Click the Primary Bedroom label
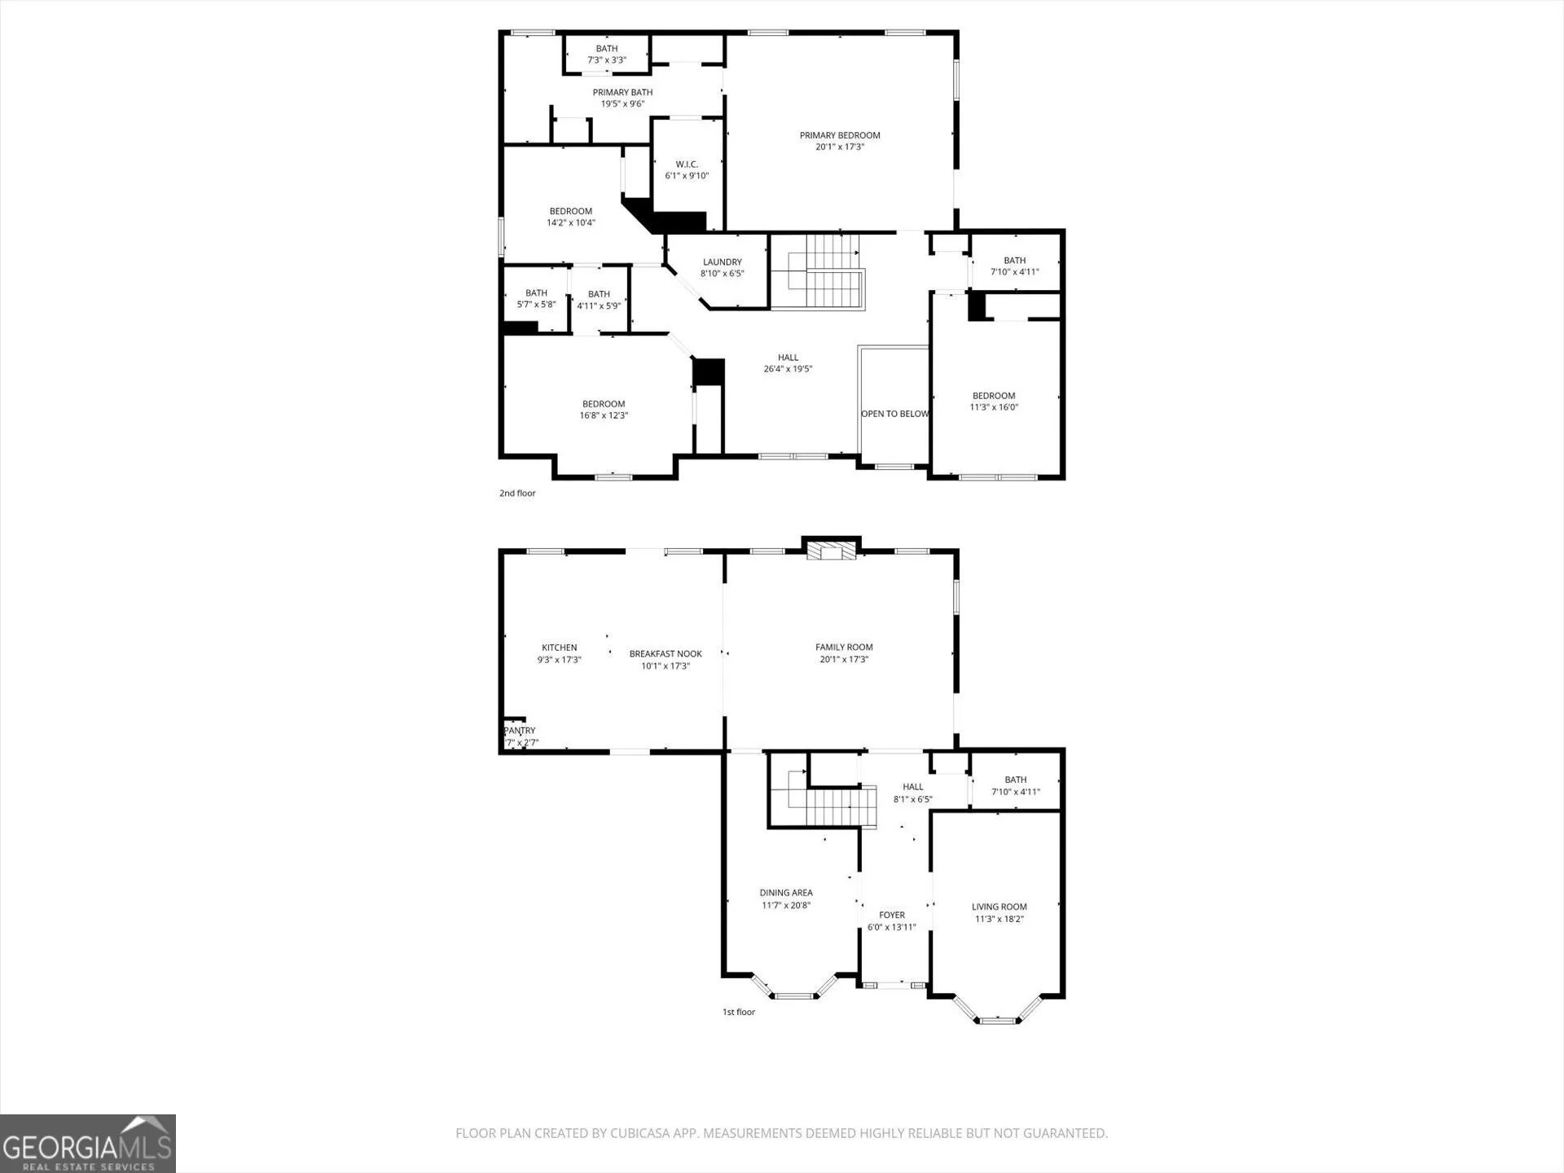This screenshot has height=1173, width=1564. [x=840, y=135]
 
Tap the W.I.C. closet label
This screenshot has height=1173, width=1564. [x=687, y=165]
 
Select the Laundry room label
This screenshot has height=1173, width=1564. [x=723, y=262]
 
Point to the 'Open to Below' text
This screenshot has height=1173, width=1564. [x=894, y=414]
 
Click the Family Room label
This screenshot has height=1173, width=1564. [x=844, y=648]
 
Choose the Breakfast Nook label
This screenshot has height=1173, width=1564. [x=666, y=654]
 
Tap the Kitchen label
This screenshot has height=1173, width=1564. [x=560, y=648]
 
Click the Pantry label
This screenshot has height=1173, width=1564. [x=520, y=731]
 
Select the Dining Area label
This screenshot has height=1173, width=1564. [x=786, y=893]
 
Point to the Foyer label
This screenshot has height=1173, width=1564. [x=892, y=915]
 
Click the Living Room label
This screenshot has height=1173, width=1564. [x=999, y=907]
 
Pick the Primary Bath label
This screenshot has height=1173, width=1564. [x=622, y=92]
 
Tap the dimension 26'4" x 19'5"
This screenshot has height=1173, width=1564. [x=788, y=369]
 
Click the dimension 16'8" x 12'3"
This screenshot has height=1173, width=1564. [x=604, y=415]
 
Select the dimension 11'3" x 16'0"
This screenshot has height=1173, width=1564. [x=994, y=407]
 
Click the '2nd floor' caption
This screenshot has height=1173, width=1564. [x=517, y=493]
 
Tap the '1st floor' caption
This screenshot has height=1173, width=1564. [x=739, y=1012]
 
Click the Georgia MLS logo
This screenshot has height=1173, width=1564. [x=88, y=1144]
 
